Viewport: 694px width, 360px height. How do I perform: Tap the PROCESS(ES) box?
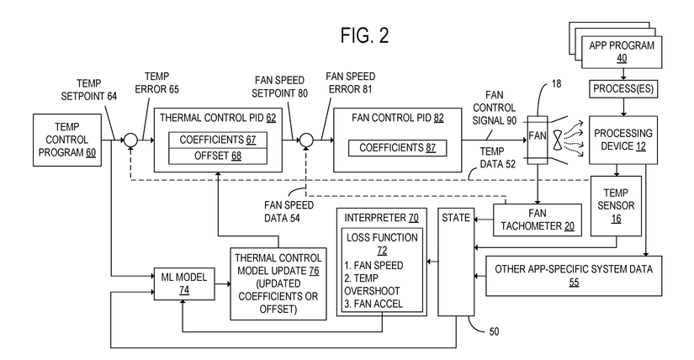pos(623,88)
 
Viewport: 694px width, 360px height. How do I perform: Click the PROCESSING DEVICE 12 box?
pos(623,140)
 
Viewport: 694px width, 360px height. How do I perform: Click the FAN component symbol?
pos(535,135)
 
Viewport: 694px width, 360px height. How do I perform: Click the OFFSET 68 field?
pos(217,156)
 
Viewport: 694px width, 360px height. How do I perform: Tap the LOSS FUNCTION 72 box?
pos(380,271)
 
